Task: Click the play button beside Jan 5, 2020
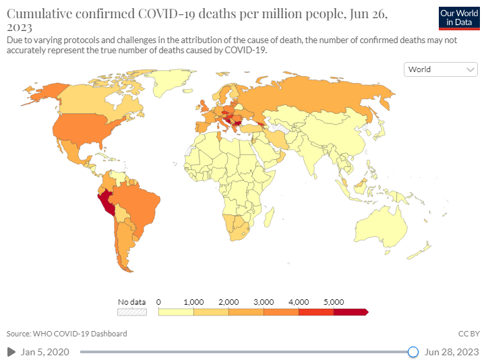(x=11, y=352)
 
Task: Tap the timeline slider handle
(x=413, y=352)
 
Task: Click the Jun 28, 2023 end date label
(x=452, y=352)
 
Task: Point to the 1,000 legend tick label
(x=193, y=301)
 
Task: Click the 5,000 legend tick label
(x=334, y=301)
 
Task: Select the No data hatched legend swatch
(x=132, y=312)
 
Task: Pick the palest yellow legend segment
(x=176, y=312)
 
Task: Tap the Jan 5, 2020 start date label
(x=44, y=352)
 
